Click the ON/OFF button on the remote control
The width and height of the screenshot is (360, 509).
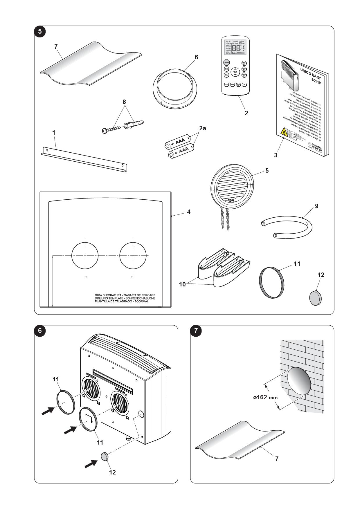pyautogui.click(x=226, y=63)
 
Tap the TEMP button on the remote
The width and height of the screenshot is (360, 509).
pyautogui.click(x=235, y=72)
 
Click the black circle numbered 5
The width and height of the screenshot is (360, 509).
pyautogui.click(x=40, y=31)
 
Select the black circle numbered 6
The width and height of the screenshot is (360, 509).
pyautogui.click(x=40, y=331)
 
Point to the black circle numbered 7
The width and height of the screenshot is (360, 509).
pyautogui.click(x=196, y=331)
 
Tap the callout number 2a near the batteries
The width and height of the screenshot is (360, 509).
pyautogui.click(x=202, y=128)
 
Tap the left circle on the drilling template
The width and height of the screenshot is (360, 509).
pyautogui.click(x=85, y=255)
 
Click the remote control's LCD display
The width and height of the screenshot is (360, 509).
pyautogui.click(x=235, y=47)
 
